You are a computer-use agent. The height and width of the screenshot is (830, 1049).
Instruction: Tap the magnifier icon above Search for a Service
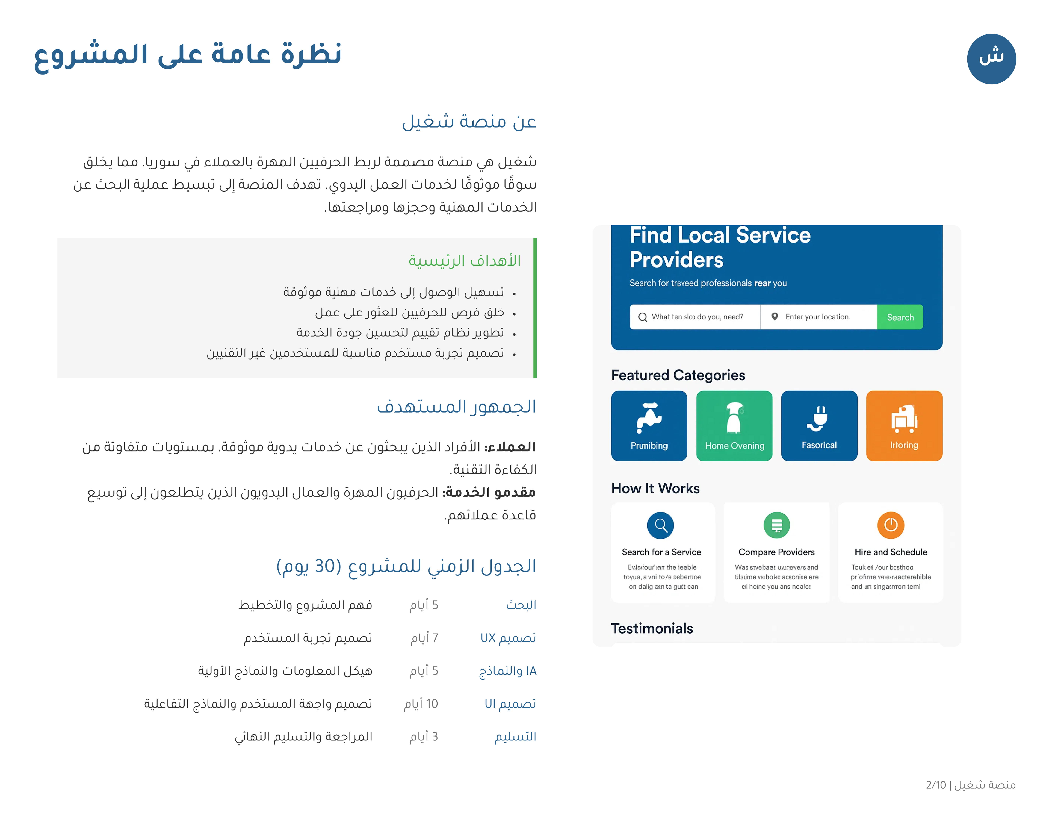coord(660,525)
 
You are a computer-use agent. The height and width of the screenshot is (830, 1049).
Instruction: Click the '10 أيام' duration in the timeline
coord(421,704)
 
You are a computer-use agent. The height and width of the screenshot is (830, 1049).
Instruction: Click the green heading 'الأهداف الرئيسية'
coord(464,261)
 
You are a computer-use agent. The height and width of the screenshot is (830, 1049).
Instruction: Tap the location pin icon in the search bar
coord(774,316)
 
